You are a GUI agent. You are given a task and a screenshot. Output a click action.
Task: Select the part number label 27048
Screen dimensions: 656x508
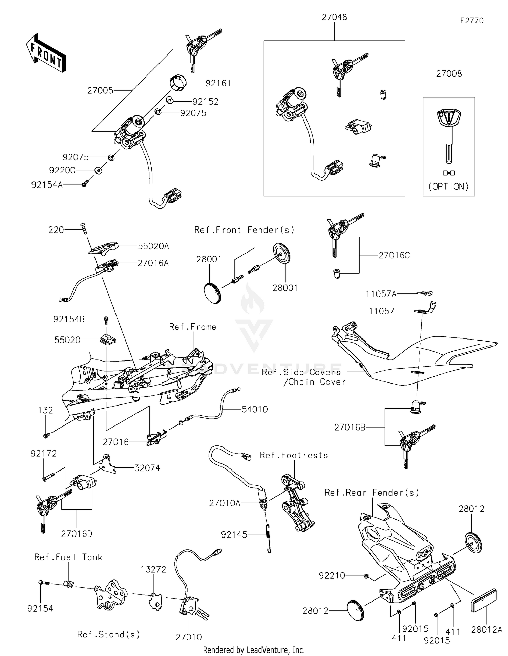point(334,17)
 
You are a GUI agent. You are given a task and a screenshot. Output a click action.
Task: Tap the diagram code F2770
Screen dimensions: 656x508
point(471,21)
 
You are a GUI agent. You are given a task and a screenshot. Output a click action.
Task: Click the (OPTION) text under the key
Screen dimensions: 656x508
point(449,187)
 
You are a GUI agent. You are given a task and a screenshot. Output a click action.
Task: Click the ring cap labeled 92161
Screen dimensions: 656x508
point(178,83)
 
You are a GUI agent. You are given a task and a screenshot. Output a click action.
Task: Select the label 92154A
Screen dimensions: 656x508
point(47,185)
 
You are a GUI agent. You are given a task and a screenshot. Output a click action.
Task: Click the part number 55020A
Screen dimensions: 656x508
point(153,246)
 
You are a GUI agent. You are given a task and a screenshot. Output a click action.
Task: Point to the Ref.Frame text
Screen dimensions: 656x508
point(192,327)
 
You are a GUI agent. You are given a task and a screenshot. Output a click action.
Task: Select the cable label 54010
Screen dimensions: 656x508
point(255,409)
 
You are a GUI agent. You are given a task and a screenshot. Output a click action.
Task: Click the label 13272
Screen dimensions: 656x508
point(153,569)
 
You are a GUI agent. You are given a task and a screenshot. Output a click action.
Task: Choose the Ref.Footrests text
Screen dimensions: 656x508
point(294,455)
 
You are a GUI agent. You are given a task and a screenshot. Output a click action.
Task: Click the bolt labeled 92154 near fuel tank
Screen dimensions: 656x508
point(43,583)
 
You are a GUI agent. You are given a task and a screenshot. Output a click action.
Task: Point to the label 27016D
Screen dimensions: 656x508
point(77,534)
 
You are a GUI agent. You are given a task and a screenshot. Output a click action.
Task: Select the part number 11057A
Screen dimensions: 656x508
point(381,294)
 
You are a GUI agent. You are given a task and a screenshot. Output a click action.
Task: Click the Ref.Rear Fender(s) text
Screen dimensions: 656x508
point(372,493)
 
